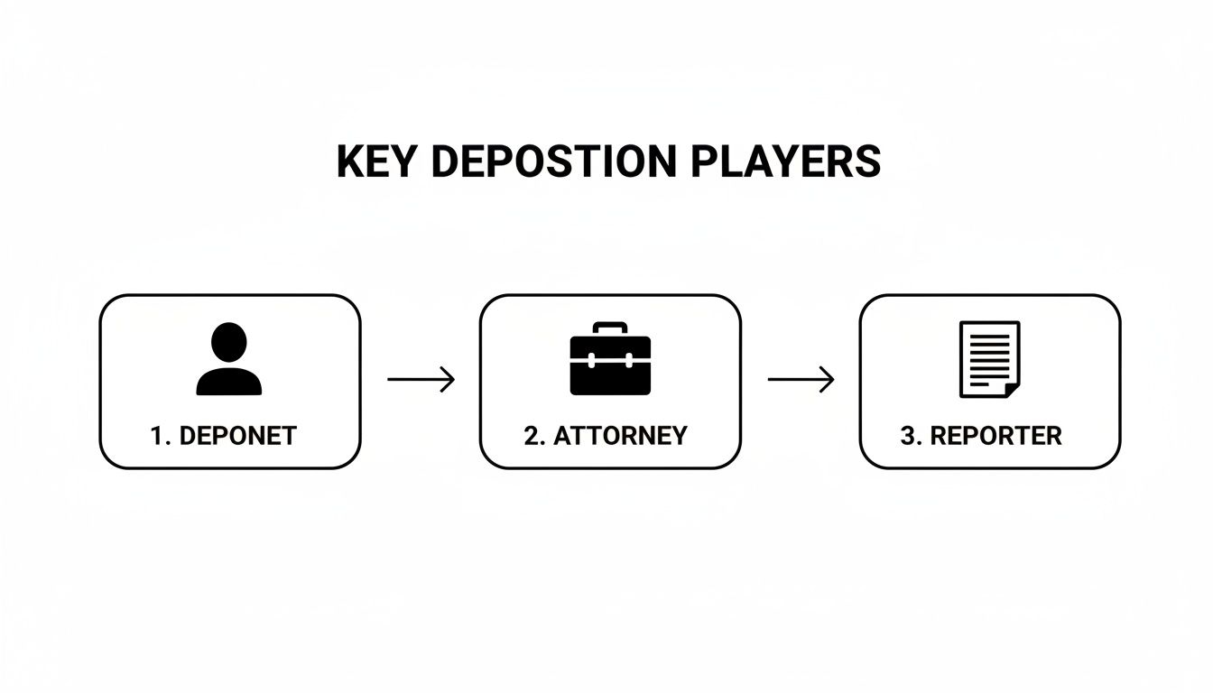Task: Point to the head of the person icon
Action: click(x=229, y=342)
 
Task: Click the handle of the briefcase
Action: click(x=610, y=328)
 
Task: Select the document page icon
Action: click(x=989, y=359)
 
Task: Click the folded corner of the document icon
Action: click(x=1011, y=388)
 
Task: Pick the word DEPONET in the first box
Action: click(x=238, y=436)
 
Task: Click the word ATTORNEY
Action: click(x=620, y=436)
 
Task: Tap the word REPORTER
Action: click(x=995, y=436)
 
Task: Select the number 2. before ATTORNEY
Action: click(x=534, y=436)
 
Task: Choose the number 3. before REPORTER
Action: click(x=912, y=436)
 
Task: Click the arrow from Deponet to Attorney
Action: click(x=421, y=380)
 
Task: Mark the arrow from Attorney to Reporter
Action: click(x=801, y=380)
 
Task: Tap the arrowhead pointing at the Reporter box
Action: click(x=828, y=380)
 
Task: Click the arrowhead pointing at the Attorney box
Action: click(x=448, y=380)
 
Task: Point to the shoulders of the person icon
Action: click(x=229, y=383)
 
